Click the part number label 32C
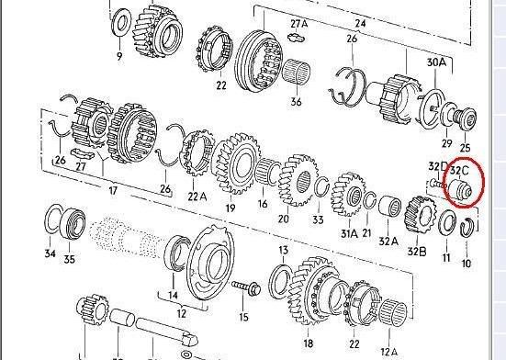(459, 171)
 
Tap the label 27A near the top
(299, 24)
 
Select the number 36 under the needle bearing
(296, 101)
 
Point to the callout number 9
(119, 56)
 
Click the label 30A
(436, 62)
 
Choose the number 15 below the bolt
(244, 317)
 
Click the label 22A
(197, 197)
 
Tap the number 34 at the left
(50, 253)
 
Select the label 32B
(417, 251)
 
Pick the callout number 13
(283, 250)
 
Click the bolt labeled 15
(246, 287)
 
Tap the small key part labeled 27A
(297, 37)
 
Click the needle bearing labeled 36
(297, 72)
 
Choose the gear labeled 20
(298, 180)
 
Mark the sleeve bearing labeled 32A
(389, 206)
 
